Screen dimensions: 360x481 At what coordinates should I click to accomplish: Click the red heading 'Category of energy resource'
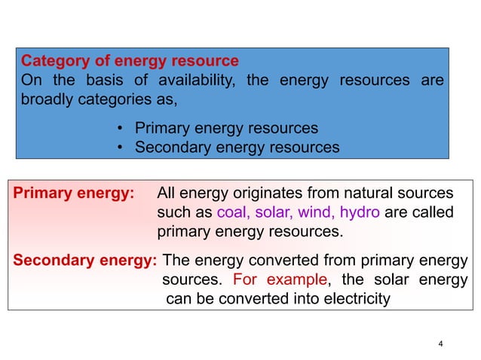coord(130,61)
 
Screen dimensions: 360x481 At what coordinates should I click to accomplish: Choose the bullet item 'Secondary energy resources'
coord(237,148)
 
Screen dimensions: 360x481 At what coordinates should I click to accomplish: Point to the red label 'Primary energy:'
coord(74,194)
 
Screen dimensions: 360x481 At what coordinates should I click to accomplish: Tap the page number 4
coord(441,344)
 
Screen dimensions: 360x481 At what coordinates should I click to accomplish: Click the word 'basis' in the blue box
coord(100,81)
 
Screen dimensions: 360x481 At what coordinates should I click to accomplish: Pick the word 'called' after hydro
coord(433,213)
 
